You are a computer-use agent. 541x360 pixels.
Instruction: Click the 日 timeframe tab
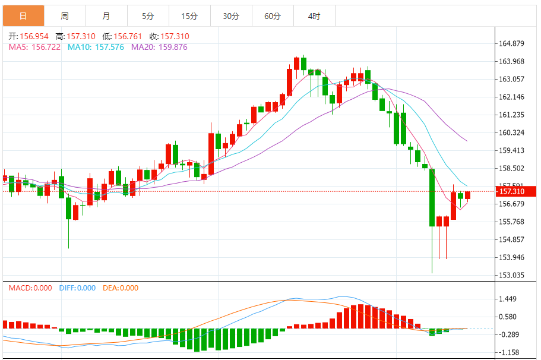(x=23, y=16)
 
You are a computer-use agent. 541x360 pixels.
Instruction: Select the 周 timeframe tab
(x=64, y=16)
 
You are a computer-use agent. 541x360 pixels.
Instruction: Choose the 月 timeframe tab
(x=106, y=16)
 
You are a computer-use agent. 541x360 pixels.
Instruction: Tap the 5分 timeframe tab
(x=148, y=16)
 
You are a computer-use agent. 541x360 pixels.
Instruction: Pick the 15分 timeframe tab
(x=189, y=16)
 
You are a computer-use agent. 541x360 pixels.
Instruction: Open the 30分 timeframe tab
(x=231, y=16)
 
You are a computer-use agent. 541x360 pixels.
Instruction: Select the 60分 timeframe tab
(x=273, y=16)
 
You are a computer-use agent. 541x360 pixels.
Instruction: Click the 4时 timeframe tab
(x=314, y=16)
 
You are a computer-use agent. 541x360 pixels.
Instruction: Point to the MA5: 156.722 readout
(x=34, y=47)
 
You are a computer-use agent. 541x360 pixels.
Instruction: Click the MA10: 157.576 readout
(x=96, y=47)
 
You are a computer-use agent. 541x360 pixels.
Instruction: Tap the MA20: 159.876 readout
(x=159, y=47)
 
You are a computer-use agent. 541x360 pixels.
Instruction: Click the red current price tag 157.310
(x=515, y=191)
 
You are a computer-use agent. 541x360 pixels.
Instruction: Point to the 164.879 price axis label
(x=511, y=43)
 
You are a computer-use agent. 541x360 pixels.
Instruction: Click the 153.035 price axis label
(x=511, y=275)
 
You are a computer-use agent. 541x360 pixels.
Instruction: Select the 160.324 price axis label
(x=511, y=132)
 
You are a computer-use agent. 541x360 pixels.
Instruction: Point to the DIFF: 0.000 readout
(x=77, y=288)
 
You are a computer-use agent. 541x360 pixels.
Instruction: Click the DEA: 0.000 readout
(x=121, y=288)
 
